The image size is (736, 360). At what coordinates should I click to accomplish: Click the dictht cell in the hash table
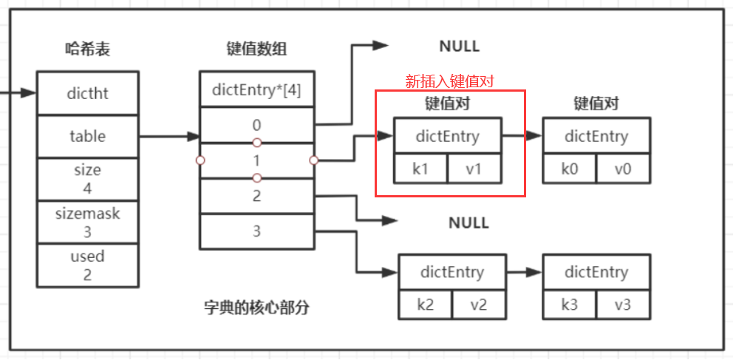88,93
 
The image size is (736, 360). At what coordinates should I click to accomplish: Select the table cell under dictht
88,136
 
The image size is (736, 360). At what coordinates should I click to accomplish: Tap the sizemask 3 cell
88,222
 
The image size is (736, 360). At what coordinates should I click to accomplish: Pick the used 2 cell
88,265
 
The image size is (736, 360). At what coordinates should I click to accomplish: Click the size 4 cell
88,179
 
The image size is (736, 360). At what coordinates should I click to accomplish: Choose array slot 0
256,125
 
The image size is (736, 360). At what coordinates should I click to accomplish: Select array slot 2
256,196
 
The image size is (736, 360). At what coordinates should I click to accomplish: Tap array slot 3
256,231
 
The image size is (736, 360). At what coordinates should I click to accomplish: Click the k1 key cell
420,169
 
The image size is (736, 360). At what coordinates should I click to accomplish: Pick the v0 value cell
624,169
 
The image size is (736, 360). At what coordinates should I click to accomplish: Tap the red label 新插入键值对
449,81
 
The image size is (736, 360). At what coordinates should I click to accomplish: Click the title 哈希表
88,50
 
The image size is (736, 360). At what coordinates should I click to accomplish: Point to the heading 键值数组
256,50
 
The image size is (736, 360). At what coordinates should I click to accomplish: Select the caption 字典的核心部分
256,308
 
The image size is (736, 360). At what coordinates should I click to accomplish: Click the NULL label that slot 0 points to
459,47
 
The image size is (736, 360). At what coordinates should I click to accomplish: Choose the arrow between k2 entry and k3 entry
524,272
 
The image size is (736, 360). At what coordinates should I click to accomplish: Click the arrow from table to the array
169,136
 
